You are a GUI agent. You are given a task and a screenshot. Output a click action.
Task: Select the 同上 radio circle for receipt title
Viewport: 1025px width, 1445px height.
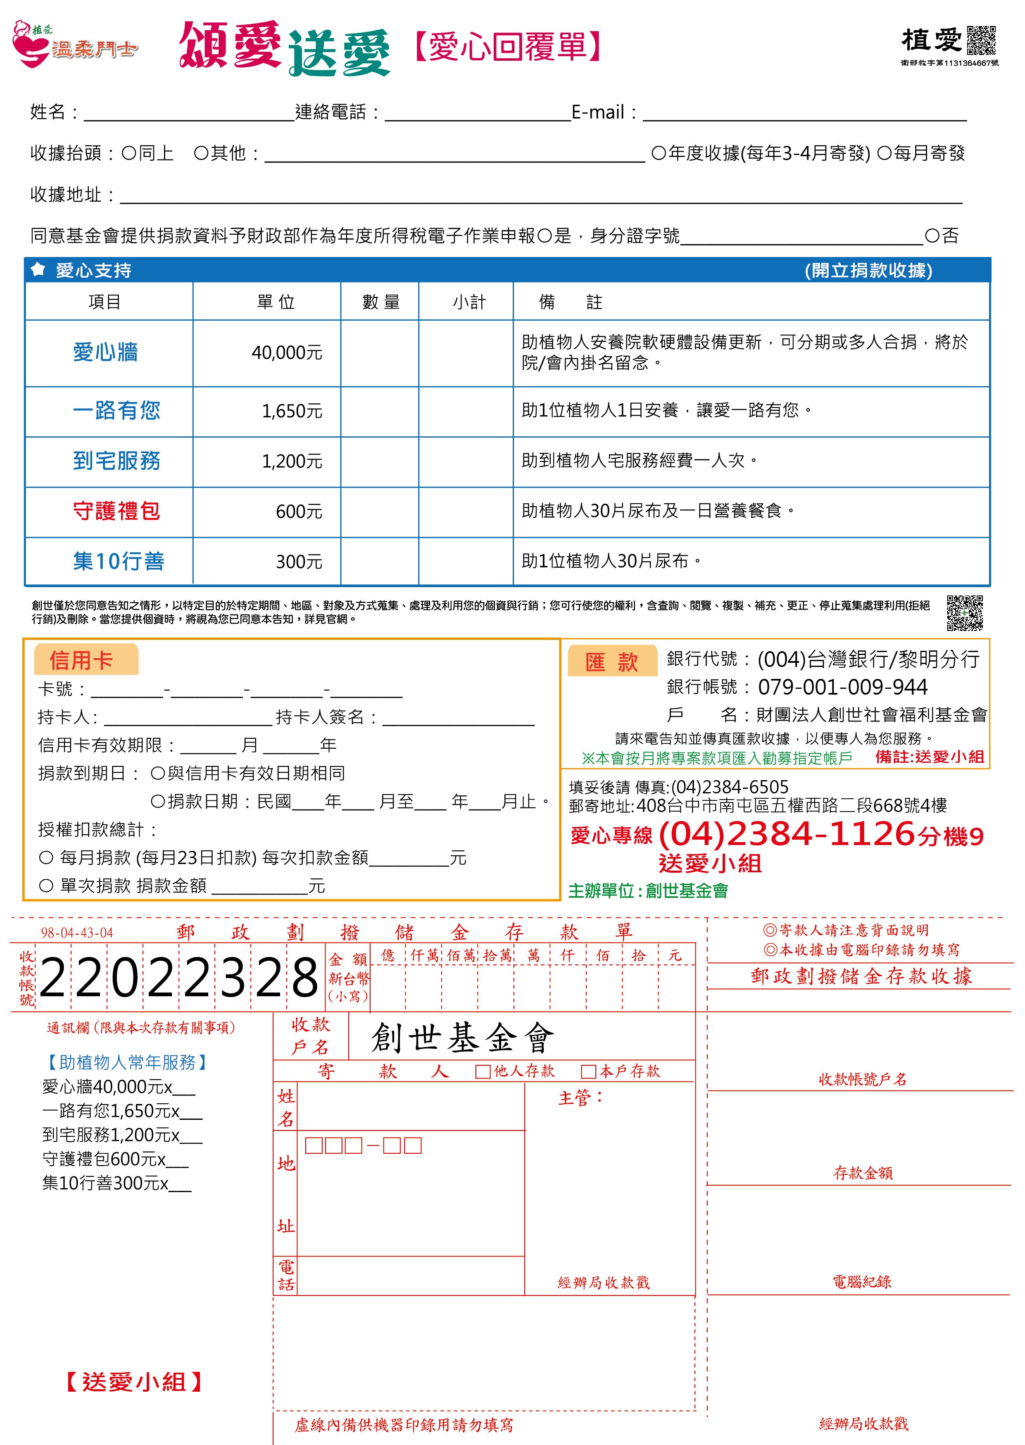pyautogui.click(x=129, y=153)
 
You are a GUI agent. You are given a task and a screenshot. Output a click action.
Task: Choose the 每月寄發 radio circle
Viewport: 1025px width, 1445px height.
pyautogui.click(x=884, y=153)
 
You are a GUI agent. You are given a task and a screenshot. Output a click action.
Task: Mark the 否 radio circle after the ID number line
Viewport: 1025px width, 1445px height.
pyautogui.click(x=932, y=236)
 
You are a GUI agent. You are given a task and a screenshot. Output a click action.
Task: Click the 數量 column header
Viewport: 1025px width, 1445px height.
pyautogui.click(x=381, y=302)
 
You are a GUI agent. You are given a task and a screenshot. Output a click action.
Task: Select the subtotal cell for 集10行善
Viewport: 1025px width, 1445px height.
pyautogui.click(x=466, y=561)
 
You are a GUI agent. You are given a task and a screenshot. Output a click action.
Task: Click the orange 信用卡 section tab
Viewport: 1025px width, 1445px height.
pyautogui.click(x=82, y=660)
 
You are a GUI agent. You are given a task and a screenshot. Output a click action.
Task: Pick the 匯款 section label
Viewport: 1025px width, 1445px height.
pyautogui.click(x=611, y=662)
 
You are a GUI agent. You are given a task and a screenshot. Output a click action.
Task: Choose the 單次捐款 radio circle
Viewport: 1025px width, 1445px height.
pyautogui.click(x=46, y=886)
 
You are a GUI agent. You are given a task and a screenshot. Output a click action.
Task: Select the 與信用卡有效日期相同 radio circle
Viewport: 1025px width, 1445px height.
pyautogui.click(x=158, y=773)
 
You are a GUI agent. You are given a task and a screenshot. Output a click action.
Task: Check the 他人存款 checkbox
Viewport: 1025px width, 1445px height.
pyautogui.click(x=483, y=1071)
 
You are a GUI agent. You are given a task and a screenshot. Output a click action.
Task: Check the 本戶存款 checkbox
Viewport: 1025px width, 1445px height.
pyautogui.click(x=588, y=1071)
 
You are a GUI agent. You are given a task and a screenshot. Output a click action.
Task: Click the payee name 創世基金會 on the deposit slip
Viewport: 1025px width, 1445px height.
pyautogui.click(x=463, y=1038)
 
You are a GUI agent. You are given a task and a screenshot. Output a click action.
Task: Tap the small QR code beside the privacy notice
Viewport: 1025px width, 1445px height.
pyautogui.click(x=964, y=612)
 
